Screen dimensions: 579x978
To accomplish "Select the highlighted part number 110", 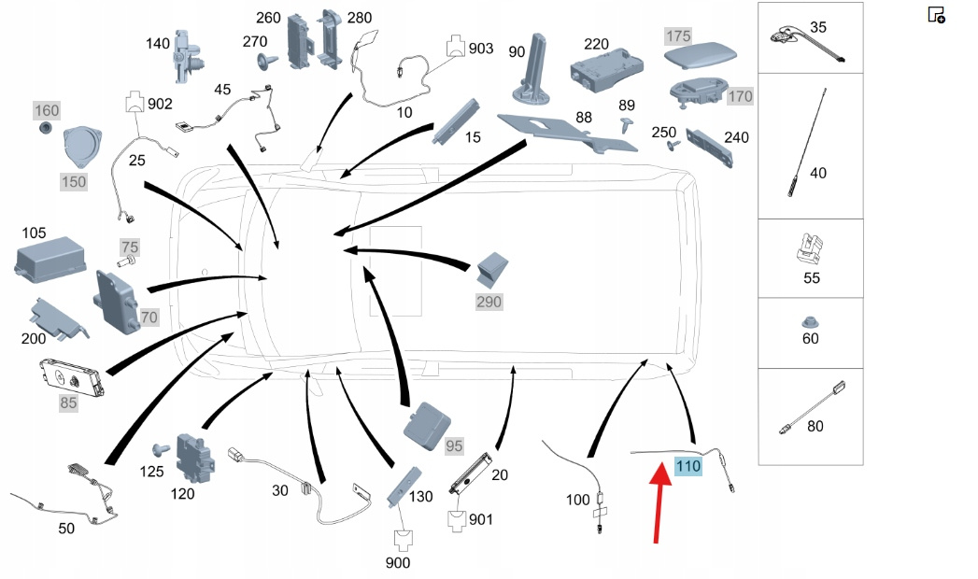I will coord(687,466).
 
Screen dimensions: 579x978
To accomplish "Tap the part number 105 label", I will coord(34,232).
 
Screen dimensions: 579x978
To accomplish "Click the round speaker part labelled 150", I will coord(85,148).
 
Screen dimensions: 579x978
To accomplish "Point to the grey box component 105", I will coord(50,258).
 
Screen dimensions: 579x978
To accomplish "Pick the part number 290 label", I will coord(489,302).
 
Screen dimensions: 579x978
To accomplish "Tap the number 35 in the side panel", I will coord(818,27).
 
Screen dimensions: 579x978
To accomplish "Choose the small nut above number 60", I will coord(810,322).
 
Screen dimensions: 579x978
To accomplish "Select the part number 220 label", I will coord(596,44).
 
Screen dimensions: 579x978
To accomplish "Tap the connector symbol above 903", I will coord(455,46).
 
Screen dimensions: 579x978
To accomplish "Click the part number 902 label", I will coord(160,104).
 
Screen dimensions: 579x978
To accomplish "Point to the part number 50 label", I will coord(66,530).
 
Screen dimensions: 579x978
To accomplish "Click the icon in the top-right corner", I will coord(936,15).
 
